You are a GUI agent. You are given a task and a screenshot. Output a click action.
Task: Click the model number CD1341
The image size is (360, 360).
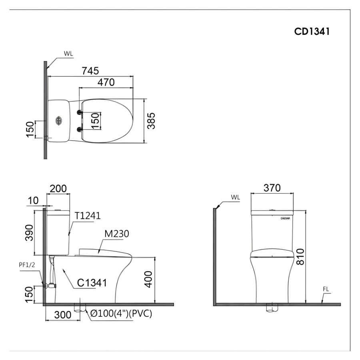[312, 32]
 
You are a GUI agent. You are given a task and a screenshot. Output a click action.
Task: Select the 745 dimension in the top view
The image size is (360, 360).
[90, 71]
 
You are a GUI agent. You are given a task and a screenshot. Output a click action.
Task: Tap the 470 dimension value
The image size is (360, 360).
[106, 82]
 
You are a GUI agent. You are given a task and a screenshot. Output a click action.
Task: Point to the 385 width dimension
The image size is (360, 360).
[151, 121]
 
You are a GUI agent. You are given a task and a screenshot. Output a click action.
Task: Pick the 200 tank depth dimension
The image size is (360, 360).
[58, 188]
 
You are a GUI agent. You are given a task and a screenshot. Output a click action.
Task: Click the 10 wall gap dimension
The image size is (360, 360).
[33, 201]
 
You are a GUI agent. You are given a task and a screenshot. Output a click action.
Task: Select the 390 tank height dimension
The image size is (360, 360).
[29, 232]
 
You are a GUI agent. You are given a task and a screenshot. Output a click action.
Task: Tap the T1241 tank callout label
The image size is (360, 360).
[88, 216]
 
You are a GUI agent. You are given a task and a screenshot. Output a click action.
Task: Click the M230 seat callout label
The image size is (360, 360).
[117, 234]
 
